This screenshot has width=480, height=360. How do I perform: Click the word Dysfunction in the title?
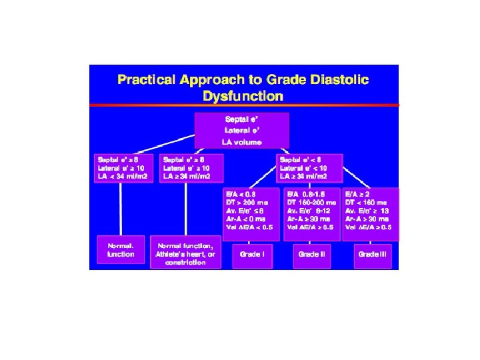click(x=243, y=95)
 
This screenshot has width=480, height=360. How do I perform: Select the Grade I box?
click(x=252, y=254)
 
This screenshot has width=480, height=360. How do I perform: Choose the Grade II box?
click(x=312, y=254)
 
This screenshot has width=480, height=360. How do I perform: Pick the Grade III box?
click(x=373, y=254)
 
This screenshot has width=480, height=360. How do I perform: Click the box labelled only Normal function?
click(x=121, y=249)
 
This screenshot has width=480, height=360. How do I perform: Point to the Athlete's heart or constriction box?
click(x=186, y=253)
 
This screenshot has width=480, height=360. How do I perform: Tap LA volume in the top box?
click(x=241, y=142)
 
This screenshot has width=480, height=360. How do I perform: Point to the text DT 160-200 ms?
click(x=309, y=201)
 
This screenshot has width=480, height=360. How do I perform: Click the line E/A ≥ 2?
click(x=358, y=193)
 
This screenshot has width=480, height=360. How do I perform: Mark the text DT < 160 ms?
click(x=366, y=201)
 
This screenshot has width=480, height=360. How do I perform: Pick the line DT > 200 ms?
click(x=249, y=201)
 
